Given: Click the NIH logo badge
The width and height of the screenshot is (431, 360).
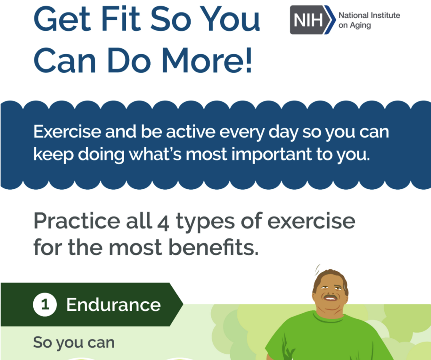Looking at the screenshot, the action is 313,20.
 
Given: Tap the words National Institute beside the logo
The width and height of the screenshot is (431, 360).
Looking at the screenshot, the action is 369,15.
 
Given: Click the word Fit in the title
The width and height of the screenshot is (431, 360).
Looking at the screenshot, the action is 121,19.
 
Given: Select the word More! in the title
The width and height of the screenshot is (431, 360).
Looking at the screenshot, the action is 207,60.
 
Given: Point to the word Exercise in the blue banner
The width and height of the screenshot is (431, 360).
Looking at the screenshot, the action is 67,132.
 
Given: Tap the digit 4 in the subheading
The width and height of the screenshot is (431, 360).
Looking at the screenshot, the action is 163,223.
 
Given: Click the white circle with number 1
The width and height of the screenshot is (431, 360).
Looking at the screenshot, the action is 45,304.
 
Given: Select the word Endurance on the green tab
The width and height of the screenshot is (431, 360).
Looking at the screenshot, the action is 114,304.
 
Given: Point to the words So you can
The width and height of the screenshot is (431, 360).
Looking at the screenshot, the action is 74,343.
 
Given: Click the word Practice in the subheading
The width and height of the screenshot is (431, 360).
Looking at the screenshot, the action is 77,221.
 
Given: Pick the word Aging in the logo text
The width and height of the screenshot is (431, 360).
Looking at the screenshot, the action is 360,26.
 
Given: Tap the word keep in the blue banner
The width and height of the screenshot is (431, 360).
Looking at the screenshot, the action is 53,154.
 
